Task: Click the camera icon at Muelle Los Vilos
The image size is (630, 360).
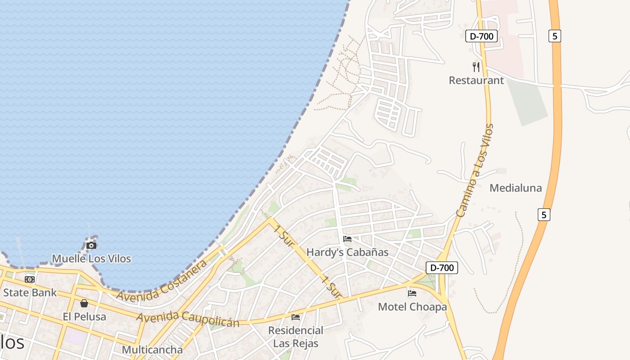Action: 91,245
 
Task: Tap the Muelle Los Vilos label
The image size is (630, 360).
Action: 91,259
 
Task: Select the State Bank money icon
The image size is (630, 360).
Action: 30,279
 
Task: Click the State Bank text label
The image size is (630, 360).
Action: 30,292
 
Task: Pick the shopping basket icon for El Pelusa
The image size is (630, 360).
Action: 84,303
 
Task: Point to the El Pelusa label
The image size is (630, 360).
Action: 85,316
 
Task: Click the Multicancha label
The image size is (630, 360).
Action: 152,350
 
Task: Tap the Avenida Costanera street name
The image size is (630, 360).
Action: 162,280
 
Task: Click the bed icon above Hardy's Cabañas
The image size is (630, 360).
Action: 347,239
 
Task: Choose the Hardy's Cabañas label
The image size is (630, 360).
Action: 347,252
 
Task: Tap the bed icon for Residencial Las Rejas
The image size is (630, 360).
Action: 296,317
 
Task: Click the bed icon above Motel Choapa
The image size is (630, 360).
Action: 412,293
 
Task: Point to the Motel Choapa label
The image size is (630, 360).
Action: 412,307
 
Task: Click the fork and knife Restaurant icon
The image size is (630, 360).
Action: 476,67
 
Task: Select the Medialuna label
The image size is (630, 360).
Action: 516,188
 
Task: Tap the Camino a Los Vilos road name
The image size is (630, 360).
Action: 475,170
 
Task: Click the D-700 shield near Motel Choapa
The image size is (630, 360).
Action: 441,268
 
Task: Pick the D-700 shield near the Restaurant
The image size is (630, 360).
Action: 481,36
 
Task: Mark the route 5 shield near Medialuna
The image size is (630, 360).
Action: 544,215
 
